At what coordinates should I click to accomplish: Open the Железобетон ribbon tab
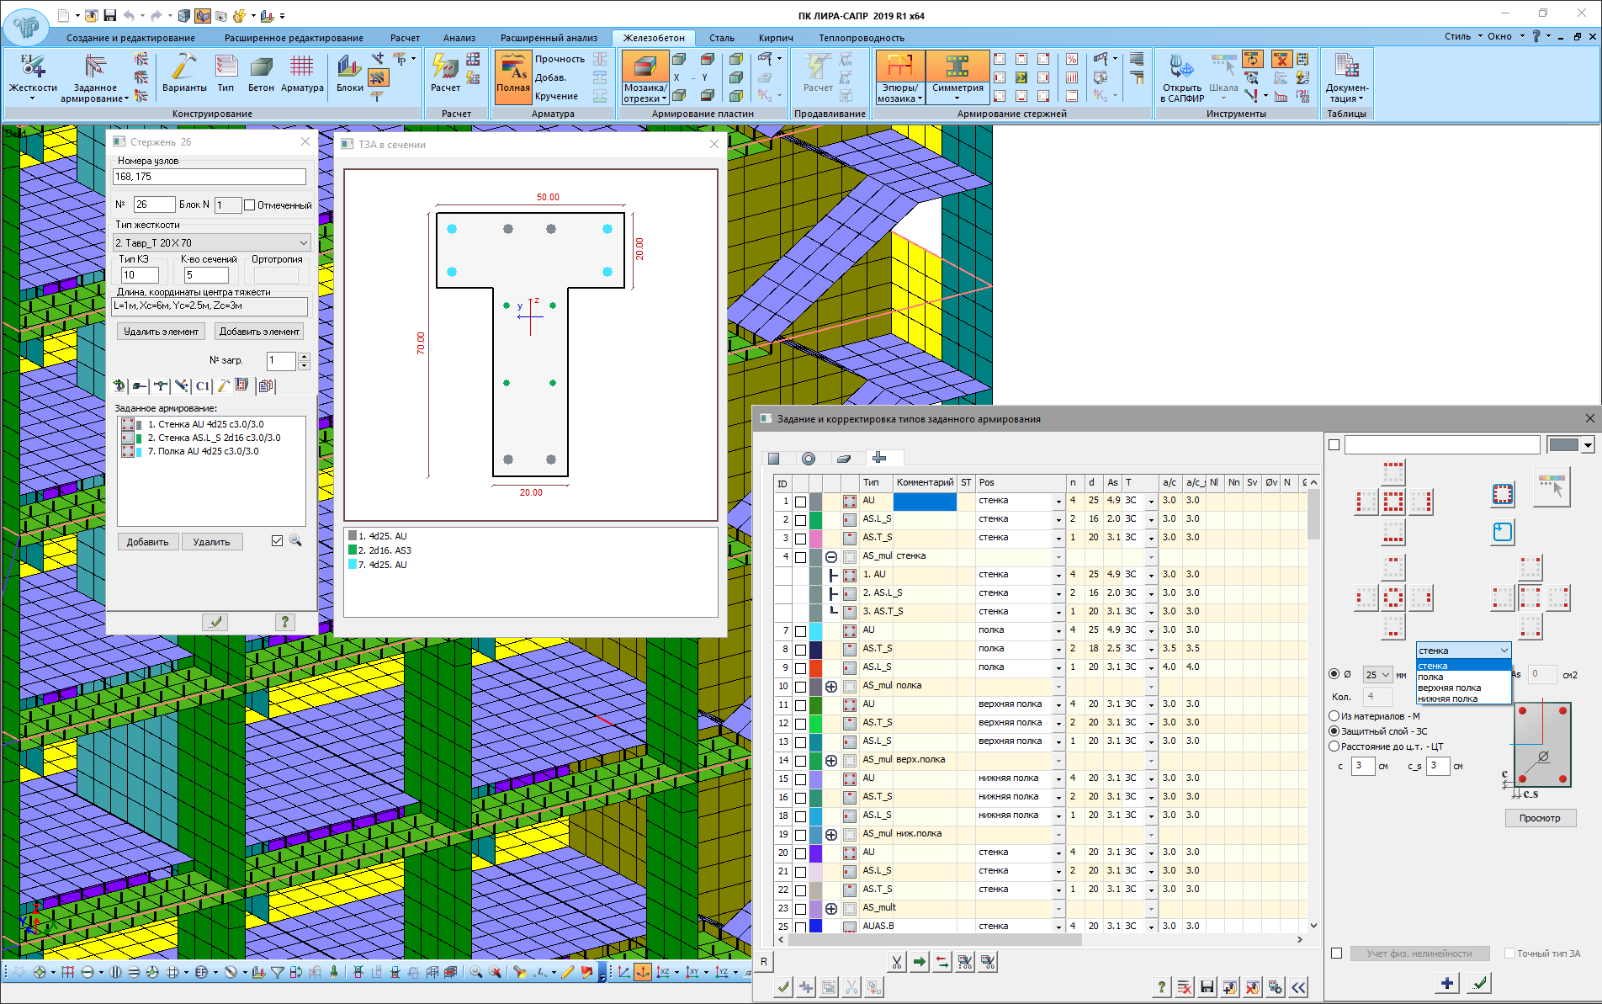(653, 38)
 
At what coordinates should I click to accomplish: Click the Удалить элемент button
(161, 332)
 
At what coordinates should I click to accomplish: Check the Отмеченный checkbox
(250, 205)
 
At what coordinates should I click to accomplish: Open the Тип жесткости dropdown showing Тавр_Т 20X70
(212, 242)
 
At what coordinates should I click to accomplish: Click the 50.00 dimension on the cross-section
(548, 197)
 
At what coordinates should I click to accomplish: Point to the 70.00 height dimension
(421, 343)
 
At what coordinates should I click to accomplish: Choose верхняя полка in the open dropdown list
(1449, 688)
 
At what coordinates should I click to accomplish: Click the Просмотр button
(1539, 818)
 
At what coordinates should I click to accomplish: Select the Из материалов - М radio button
(1334, 716)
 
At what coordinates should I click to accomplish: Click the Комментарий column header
(924, 482)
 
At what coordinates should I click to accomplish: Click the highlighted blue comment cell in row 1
(924, 501)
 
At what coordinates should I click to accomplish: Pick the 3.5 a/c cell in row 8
(1169, 649)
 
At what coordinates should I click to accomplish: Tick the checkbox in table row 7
(800, 630)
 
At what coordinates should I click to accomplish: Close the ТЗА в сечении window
(714, 144)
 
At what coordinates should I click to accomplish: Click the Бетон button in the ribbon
(261, 74)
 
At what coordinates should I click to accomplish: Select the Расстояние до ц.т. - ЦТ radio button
(1334, 746)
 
